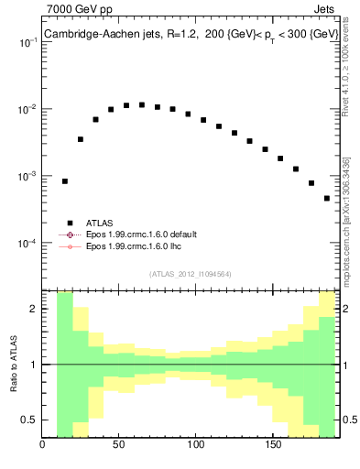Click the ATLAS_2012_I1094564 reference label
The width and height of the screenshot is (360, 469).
click(190, 274)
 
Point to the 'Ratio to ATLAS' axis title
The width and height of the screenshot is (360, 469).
click(14, 364)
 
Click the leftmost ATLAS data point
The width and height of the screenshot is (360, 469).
click(65, 181)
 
